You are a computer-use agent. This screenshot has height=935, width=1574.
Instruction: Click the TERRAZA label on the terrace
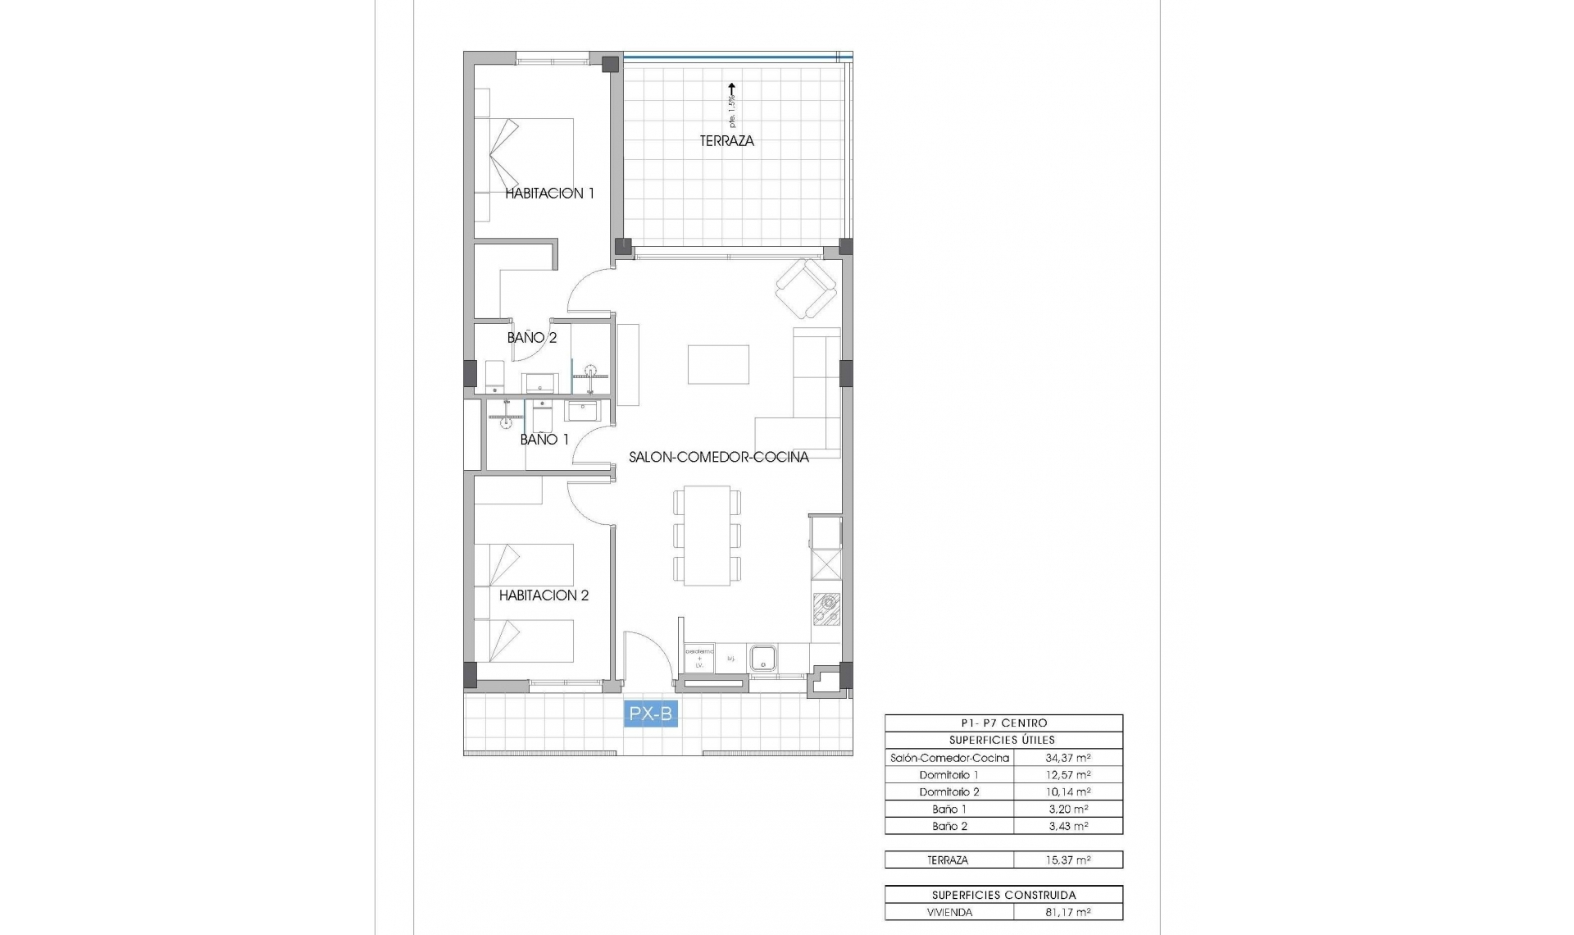(x=726, y=141)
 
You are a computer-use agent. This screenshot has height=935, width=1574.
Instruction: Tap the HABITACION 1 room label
(x=549, y=194)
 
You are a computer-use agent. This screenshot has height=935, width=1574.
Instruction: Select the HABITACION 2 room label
(x=544, y=595)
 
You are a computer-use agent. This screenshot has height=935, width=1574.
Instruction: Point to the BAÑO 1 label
(x=544, y=440)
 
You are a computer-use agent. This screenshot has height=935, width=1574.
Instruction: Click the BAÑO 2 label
(x=531, y=337)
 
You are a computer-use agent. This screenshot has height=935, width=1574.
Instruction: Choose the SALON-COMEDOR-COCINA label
(x=718, y=457)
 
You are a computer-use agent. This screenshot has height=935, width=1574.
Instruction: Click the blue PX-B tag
(x=650, y=714)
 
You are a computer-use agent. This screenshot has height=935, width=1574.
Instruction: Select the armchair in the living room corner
(x=807, y=289)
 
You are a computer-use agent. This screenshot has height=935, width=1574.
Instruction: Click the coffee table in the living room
(x=718, y=364)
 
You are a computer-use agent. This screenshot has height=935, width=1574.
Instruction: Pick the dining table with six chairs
(x=707, y=536)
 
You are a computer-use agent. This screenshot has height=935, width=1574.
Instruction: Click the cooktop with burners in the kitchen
(x=826, y=609)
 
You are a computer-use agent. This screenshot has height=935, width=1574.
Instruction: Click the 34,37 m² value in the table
(x=1067, y=758)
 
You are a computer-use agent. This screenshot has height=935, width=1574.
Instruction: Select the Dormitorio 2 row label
(x=948, y=791)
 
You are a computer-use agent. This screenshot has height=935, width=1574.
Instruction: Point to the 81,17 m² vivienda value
(x=1067, y=912)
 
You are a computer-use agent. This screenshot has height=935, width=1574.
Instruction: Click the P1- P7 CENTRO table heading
(x=1003, y=723)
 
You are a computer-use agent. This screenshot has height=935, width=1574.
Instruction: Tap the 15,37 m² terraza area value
(x=1067, y=860)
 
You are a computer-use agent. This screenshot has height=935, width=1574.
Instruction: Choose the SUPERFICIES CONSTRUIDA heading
(x=1003, y=895)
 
